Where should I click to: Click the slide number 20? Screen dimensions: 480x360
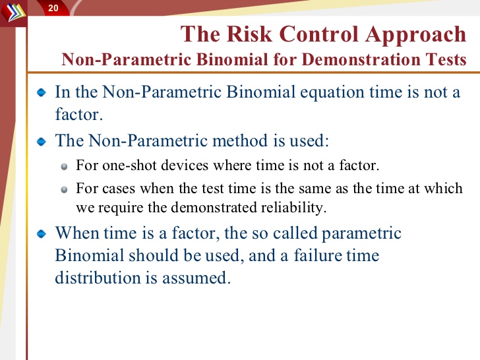(x=53, y=8)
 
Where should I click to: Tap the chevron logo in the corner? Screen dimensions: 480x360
(x=13, y=12)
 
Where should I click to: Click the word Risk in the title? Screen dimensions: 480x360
(x=249, y=34)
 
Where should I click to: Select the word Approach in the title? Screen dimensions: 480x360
(x=415, y=35)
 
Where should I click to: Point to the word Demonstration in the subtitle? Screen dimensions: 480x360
(x=361, y=59)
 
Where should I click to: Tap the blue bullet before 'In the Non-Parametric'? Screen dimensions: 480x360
(x=42, y=92)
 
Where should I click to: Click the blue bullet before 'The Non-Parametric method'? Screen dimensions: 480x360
(x=42, y=141)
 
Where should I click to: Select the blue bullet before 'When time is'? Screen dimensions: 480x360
(x=42, y=234)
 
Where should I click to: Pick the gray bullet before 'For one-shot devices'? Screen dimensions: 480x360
(x=64, y=167)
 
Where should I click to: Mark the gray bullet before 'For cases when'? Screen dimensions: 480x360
(x=64, y=190)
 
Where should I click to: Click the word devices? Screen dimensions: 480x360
(x=185, y=165)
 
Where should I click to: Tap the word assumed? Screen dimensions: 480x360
(x=196, y=278)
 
